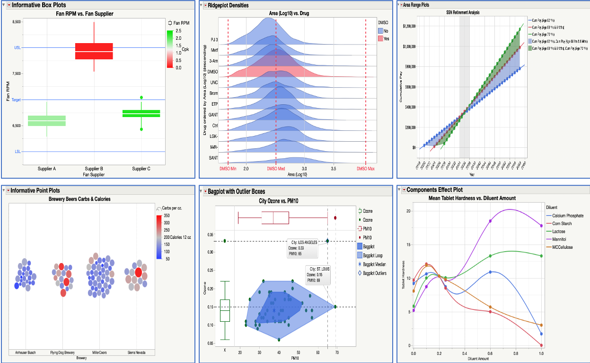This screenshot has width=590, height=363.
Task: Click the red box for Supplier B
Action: tap(94, 51)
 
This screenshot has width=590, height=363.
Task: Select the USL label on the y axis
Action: tap(18, 47)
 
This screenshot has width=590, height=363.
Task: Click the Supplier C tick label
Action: tap(141, 169)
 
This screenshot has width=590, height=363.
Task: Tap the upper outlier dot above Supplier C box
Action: tap(141, 97)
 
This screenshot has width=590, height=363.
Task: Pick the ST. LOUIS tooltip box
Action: tap(317, 275)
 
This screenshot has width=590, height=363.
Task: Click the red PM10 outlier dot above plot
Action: tap(335, 218)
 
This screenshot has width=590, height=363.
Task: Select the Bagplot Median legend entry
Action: tap(374, 264)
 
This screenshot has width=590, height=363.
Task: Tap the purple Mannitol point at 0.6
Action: tap(490, 221)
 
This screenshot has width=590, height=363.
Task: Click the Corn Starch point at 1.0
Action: tap(541, 345)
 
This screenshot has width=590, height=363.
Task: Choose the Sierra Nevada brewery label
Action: tap(136, 353)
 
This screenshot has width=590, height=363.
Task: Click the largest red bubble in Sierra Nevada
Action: tap(137, 272)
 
